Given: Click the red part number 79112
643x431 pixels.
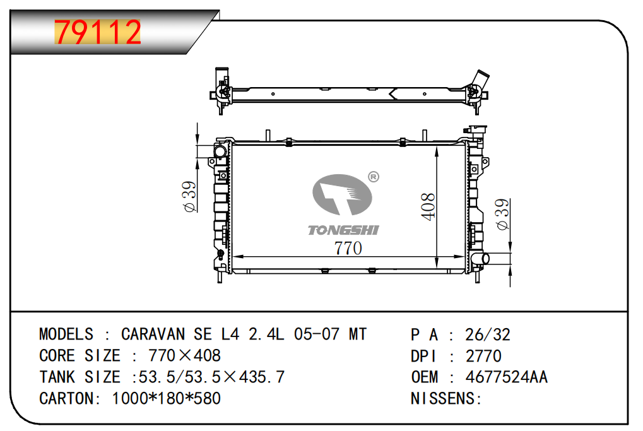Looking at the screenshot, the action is click(x=98, y=32).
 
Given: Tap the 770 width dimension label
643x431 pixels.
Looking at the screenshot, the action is click(x=348, y=248).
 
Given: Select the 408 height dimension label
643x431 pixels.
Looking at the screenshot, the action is click(x=428, y=207).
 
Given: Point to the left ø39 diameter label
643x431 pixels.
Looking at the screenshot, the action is click(x=190, y=196).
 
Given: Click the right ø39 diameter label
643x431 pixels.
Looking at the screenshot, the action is click(x=502, y=214).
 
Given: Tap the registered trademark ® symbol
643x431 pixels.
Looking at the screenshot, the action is click(x=373, y=177).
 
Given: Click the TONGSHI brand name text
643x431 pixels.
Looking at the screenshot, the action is click(x=344, y=230).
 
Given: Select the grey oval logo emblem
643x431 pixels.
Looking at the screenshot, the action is click(x=342, y=195).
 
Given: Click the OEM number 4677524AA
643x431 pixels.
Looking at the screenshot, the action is click(x=507, y=377).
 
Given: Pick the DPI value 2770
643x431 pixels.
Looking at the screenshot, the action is click(x=483, y=356).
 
